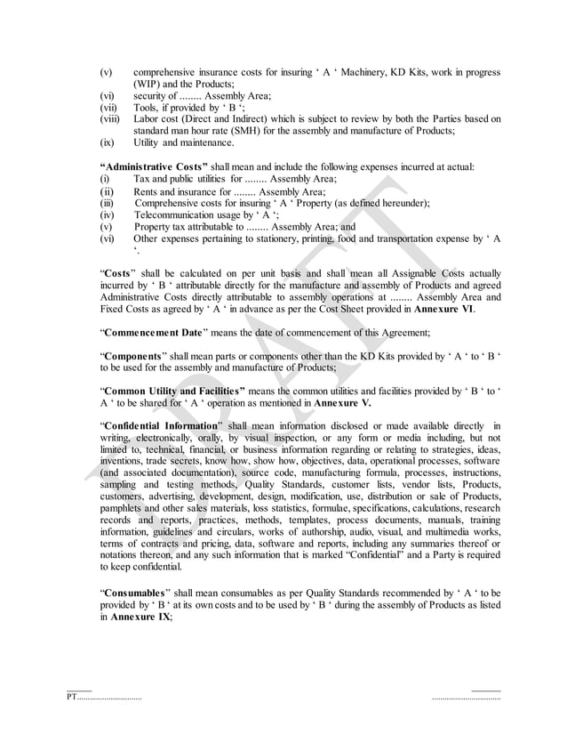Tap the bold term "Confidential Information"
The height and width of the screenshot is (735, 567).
click(x=160, y=425)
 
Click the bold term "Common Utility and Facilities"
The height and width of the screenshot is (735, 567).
click(x=173, y=391)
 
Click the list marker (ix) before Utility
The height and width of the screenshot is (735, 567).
click(x=106, y=141)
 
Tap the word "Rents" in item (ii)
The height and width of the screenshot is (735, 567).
click(x=148, y=190)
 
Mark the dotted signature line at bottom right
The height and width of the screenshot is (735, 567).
click(x=466, y=697)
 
